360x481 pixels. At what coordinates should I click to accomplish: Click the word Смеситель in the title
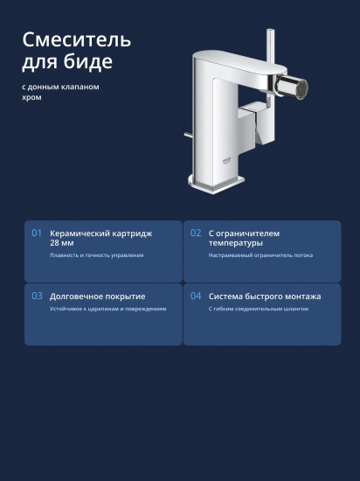[77, 40]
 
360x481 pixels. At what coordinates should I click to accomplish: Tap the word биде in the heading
[88, 61]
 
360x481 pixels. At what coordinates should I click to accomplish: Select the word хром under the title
[31, 98]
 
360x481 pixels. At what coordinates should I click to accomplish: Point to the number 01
[37, 234]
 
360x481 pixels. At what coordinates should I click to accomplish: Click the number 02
[196, 234]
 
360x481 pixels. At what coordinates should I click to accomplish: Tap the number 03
[37, 296]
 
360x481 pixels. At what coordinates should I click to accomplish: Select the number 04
[196, 296]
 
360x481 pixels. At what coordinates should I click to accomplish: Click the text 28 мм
[61, 243]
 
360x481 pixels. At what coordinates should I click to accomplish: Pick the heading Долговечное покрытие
[98, 296]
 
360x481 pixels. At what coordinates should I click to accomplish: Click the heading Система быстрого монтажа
[265, 296]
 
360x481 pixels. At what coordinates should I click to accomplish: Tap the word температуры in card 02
[236, 243]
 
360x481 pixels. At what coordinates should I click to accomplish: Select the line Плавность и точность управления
[96, 255]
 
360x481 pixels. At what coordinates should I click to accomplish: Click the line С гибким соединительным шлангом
[259, 309]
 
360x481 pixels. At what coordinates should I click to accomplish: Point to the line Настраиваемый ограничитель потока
[260, 255]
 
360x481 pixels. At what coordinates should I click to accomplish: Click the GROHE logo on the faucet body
[227, 161]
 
